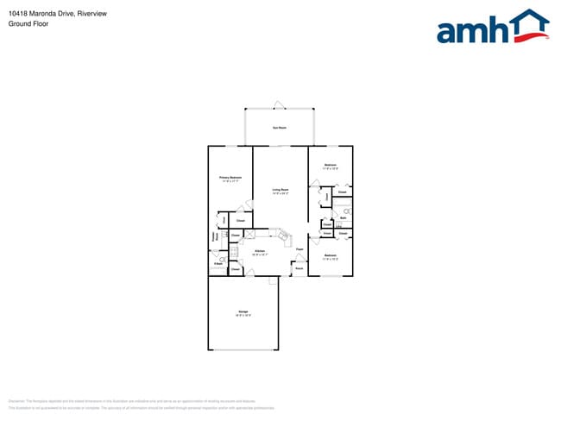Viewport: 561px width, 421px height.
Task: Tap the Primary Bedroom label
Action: pyautogui.click(x=230, y=179)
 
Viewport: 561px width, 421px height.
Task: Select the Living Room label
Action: pyautogui.click(x=280, y=191)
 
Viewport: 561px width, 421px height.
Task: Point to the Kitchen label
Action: pyautogui.click(x=260, y=253)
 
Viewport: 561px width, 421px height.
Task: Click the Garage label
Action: pyautogui.click(x=243, y=313)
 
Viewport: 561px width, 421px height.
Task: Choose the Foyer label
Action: pyautogui.click(x=299, y=250)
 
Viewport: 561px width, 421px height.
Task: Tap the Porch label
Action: pyautogui.click(x=299, y=269)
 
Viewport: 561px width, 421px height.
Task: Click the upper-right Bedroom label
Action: pyautogui.click(x=330, y=166)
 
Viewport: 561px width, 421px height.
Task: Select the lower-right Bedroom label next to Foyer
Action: pyautogui.click(x=330, y=256)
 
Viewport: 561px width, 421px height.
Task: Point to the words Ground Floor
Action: pyautogui.click(x=28, y=24)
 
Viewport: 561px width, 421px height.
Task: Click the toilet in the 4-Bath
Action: pyautogui.click(x=222, y=259)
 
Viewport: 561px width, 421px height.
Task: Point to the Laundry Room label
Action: pyautogui.click(x=215, y=236)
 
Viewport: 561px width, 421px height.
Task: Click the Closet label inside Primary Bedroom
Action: pyautogui.click(x=241, y=220)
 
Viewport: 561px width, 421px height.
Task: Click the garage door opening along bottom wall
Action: pyautogui.click(x=243, y=350)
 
